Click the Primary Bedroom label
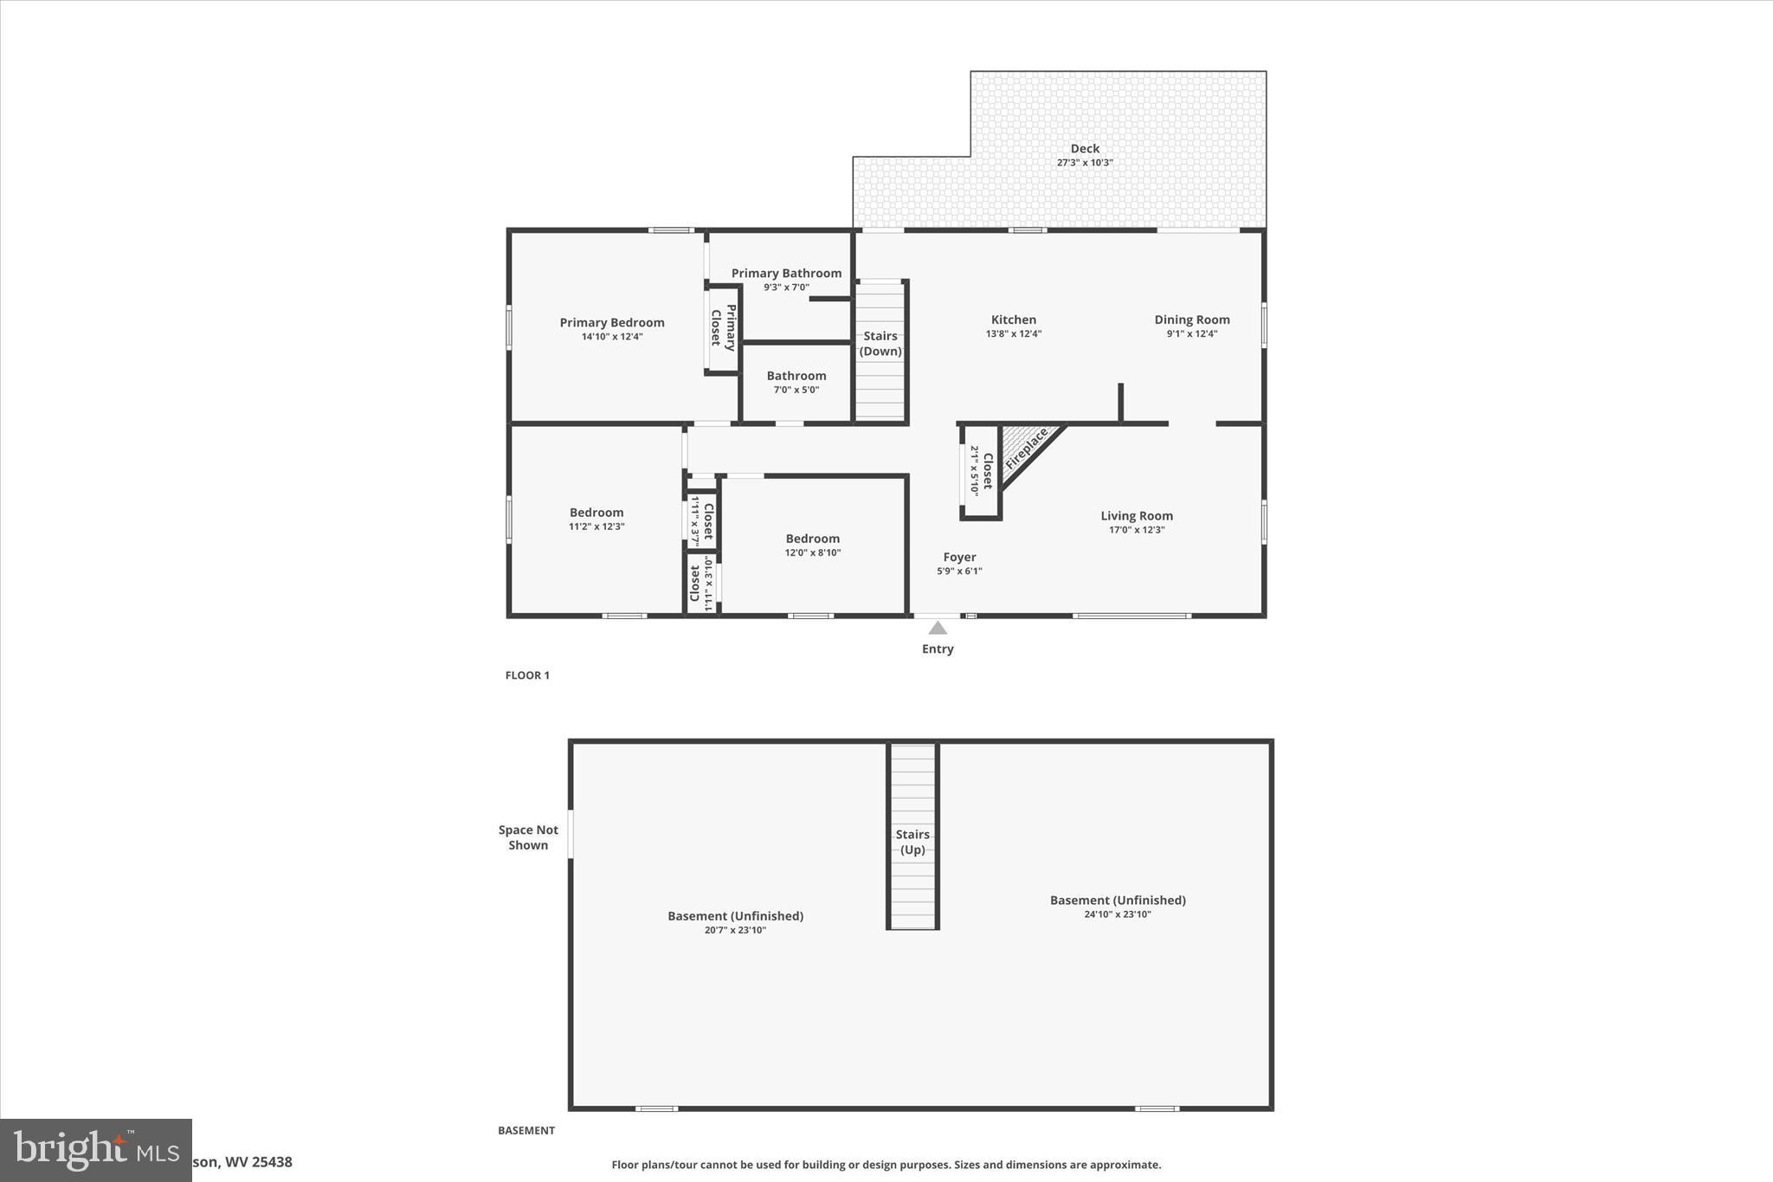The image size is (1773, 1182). [x=611, y=322]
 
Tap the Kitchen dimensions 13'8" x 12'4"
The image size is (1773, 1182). [x=1013, y=334]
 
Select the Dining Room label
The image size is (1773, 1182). [x=1191, y=320]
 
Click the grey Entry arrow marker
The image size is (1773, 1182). [x=938, y=628]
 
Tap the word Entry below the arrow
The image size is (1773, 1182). [x=938, y=649]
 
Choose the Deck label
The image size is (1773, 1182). [x=1084, y=149]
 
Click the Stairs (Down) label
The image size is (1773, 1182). [x=880, y=344]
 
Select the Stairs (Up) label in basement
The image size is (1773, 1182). [x=912, y=842]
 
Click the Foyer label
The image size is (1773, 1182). [x=959, y=557]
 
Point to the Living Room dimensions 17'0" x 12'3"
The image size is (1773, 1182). [x=1137, y=530]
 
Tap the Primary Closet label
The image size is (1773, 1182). [x=723, y=327]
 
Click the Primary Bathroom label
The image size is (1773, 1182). [x=786, y=274]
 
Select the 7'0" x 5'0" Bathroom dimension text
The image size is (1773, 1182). [x=796, y=390]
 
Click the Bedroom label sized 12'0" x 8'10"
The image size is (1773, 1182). [x=812, y=539]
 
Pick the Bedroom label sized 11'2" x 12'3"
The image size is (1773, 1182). [x=596, y=513]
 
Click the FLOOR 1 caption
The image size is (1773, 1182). [x=527, y=675]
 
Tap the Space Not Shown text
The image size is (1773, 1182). [x=528, y=837]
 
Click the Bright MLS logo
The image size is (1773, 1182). [x=95, y=1150]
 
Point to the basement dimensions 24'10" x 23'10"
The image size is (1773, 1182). [x=1117, y=914]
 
